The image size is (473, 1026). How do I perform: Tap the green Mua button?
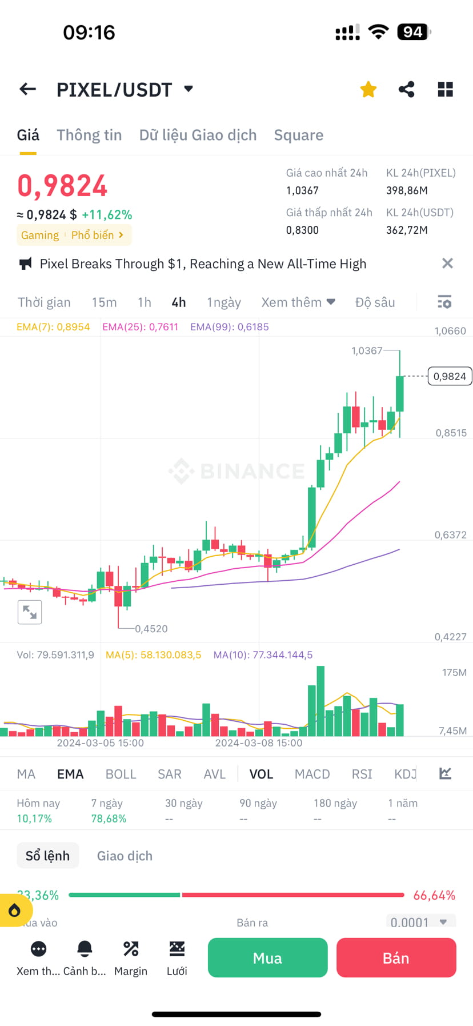pyautogui.click(x=267, y=957)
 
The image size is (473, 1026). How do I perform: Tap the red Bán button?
pyautogui.click(x=396, y=957)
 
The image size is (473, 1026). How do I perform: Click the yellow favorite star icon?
pyautogui.click(x=368, y=89)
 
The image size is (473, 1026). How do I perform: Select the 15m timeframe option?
pyautogui.click(x=104, y=302)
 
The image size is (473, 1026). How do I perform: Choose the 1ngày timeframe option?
pyautogui.click(x=223, y=302)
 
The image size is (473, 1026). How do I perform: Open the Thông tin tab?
pyautogui.click(x=89, y=135)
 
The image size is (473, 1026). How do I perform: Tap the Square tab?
pyautogui.click(x=298, y=135)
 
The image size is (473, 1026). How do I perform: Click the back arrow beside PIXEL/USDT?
pyautogui.click(x=27, y=89)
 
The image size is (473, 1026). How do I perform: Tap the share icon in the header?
pyautogui.click(x=406, y=89)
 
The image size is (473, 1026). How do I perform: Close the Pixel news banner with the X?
pyautogui.click(x=447, y=264)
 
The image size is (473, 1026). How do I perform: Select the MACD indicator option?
pyautogui.click(x=312, y=774)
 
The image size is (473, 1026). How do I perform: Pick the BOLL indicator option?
pyautogui.click(x=121, y=774)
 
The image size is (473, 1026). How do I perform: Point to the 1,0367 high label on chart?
pyautogui.click(x=366, y=350)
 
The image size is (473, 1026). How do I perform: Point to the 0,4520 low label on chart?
pyautogui.click(x=151, y=629)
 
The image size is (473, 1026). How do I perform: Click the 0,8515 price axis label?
pyautogui.click(x=451, y=433)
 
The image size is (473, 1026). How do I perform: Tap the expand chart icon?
pyautogui.click(x=30, y=612)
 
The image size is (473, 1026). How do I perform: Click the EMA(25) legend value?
pyautogui.click(x=140, y=327)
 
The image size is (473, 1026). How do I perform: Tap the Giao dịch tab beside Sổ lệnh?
pyautogui.click(x=125, y=856)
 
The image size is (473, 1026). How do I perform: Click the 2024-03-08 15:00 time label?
pyautogui.click(x=258, y=743)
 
